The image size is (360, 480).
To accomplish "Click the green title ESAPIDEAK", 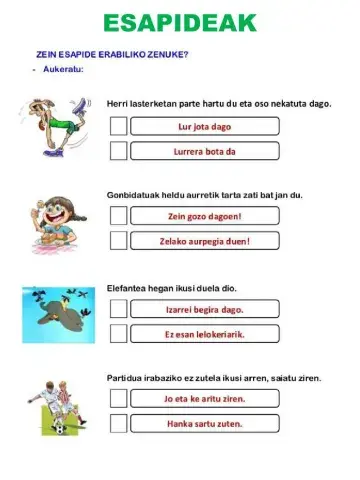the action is click(179, 23).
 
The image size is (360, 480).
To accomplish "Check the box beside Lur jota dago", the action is click(118, 126).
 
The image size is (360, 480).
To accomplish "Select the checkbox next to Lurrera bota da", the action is click(118, 151).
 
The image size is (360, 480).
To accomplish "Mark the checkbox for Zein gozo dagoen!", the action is click(118, 216).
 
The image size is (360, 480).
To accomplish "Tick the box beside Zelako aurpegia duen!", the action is click(118, 241).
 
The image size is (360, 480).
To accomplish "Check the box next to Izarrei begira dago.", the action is click(118, 309).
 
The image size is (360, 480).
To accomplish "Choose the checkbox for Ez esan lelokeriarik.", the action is click(118, 334).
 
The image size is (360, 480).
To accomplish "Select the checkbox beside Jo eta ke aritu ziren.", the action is click(118, 398).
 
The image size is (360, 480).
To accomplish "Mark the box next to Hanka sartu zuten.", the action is click(118, 423).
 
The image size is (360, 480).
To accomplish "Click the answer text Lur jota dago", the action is click(204, 126).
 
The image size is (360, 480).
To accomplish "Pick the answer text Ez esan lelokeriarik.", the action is click(204, 334).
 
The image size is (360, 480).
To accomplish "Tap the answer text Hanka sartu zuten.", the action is click(204, 423).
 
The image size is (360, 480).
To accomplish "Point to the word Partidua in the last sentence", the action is click(126, 378).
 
